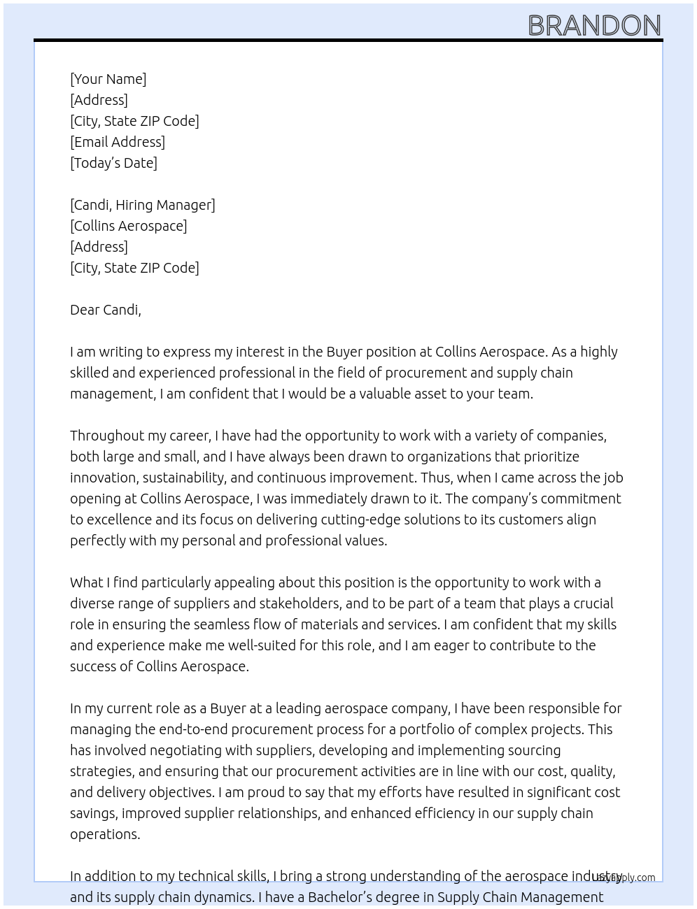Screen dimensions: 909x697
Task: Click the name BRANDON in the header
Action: [594, 25]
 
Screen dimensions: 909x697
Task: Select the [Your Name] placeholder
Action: [108, 79]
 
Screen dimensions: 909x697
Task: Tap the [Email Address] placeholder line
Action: [118, 142]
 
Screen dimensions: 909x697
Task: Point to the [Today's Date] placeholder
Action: [113, 163]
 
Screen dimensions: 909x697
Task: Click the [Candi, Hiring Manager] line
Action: [143, 205]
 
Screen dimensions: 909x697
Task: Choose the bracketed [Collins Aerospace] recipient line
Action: [129, 226]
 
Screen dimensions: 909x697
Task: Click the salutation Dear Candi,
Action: [106, 310]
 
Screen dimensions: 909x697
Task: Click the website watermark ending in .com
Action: [626, 878]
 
